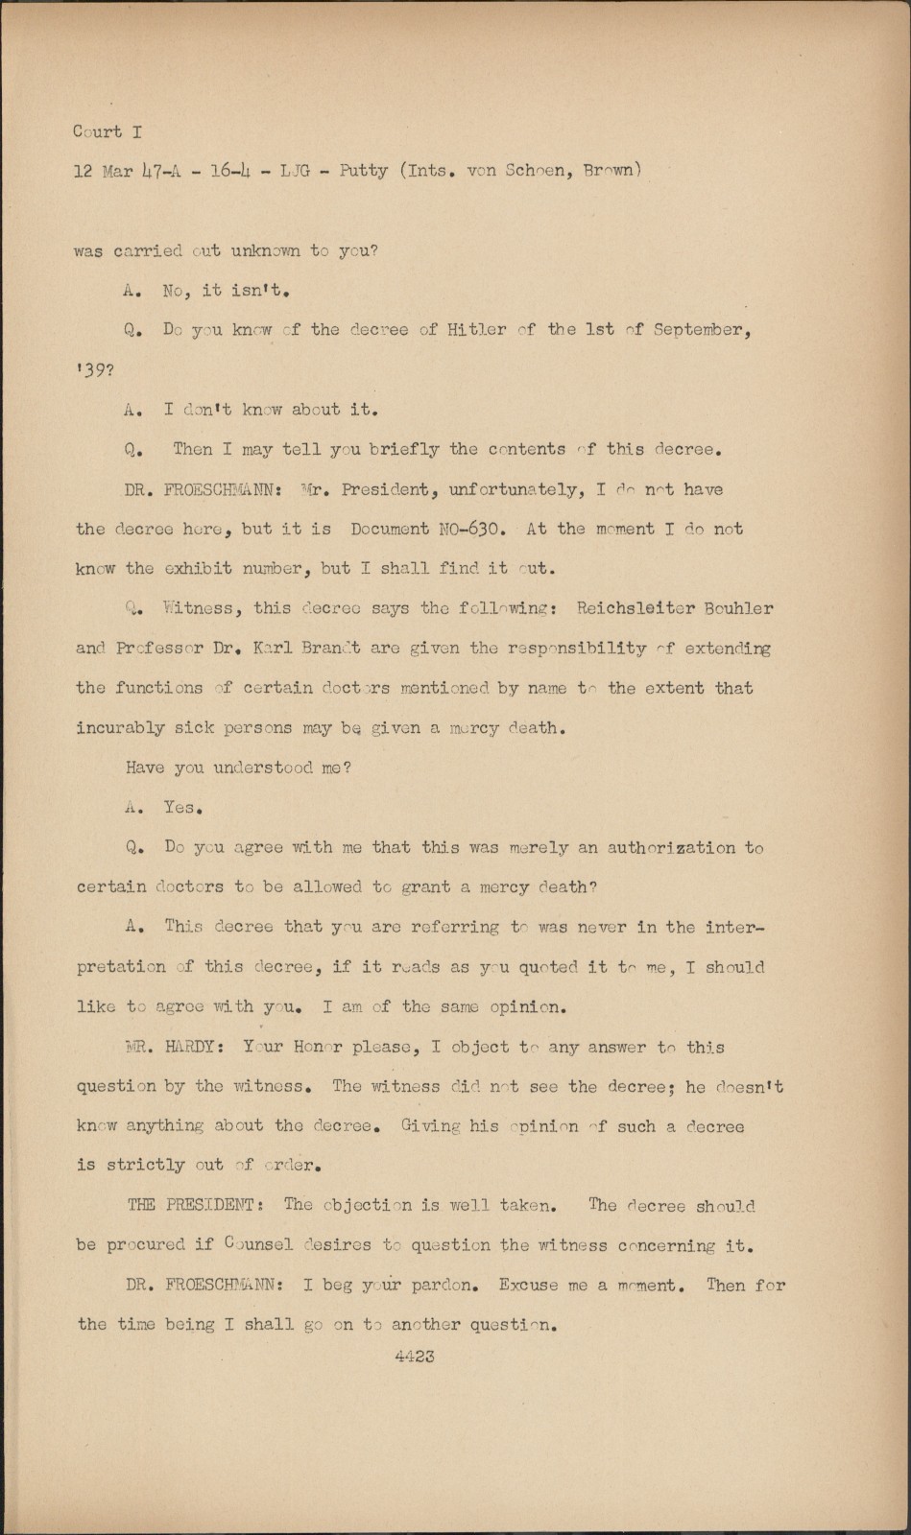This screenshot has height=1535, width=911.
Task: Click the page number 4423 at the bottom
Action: pyautogui.click(x=414, y=1357)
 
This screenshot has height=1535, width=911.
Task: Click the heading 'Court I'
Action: pyautogui.click(x=107, y=131)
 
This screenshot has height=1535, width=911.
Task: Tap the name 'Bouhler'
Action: pyautogui.click(x=739, y=608)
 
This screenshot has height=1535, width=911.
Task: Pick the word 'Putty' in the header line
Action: pyautogui.click(x=363, y=172)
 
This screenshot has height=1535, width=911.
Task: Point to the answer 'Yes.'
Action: pyautogui.click(x=182, y=808)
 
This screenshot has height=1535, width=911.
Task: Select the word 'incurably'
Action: pyautogui.click(x=120, y=728)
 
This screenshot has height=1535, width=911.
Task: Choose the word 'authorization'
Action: pyautogui.click(x=671, y=848)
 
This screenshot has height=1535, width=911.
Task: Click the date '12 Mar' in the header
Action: pyautogui.click(x=96, y=172)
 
